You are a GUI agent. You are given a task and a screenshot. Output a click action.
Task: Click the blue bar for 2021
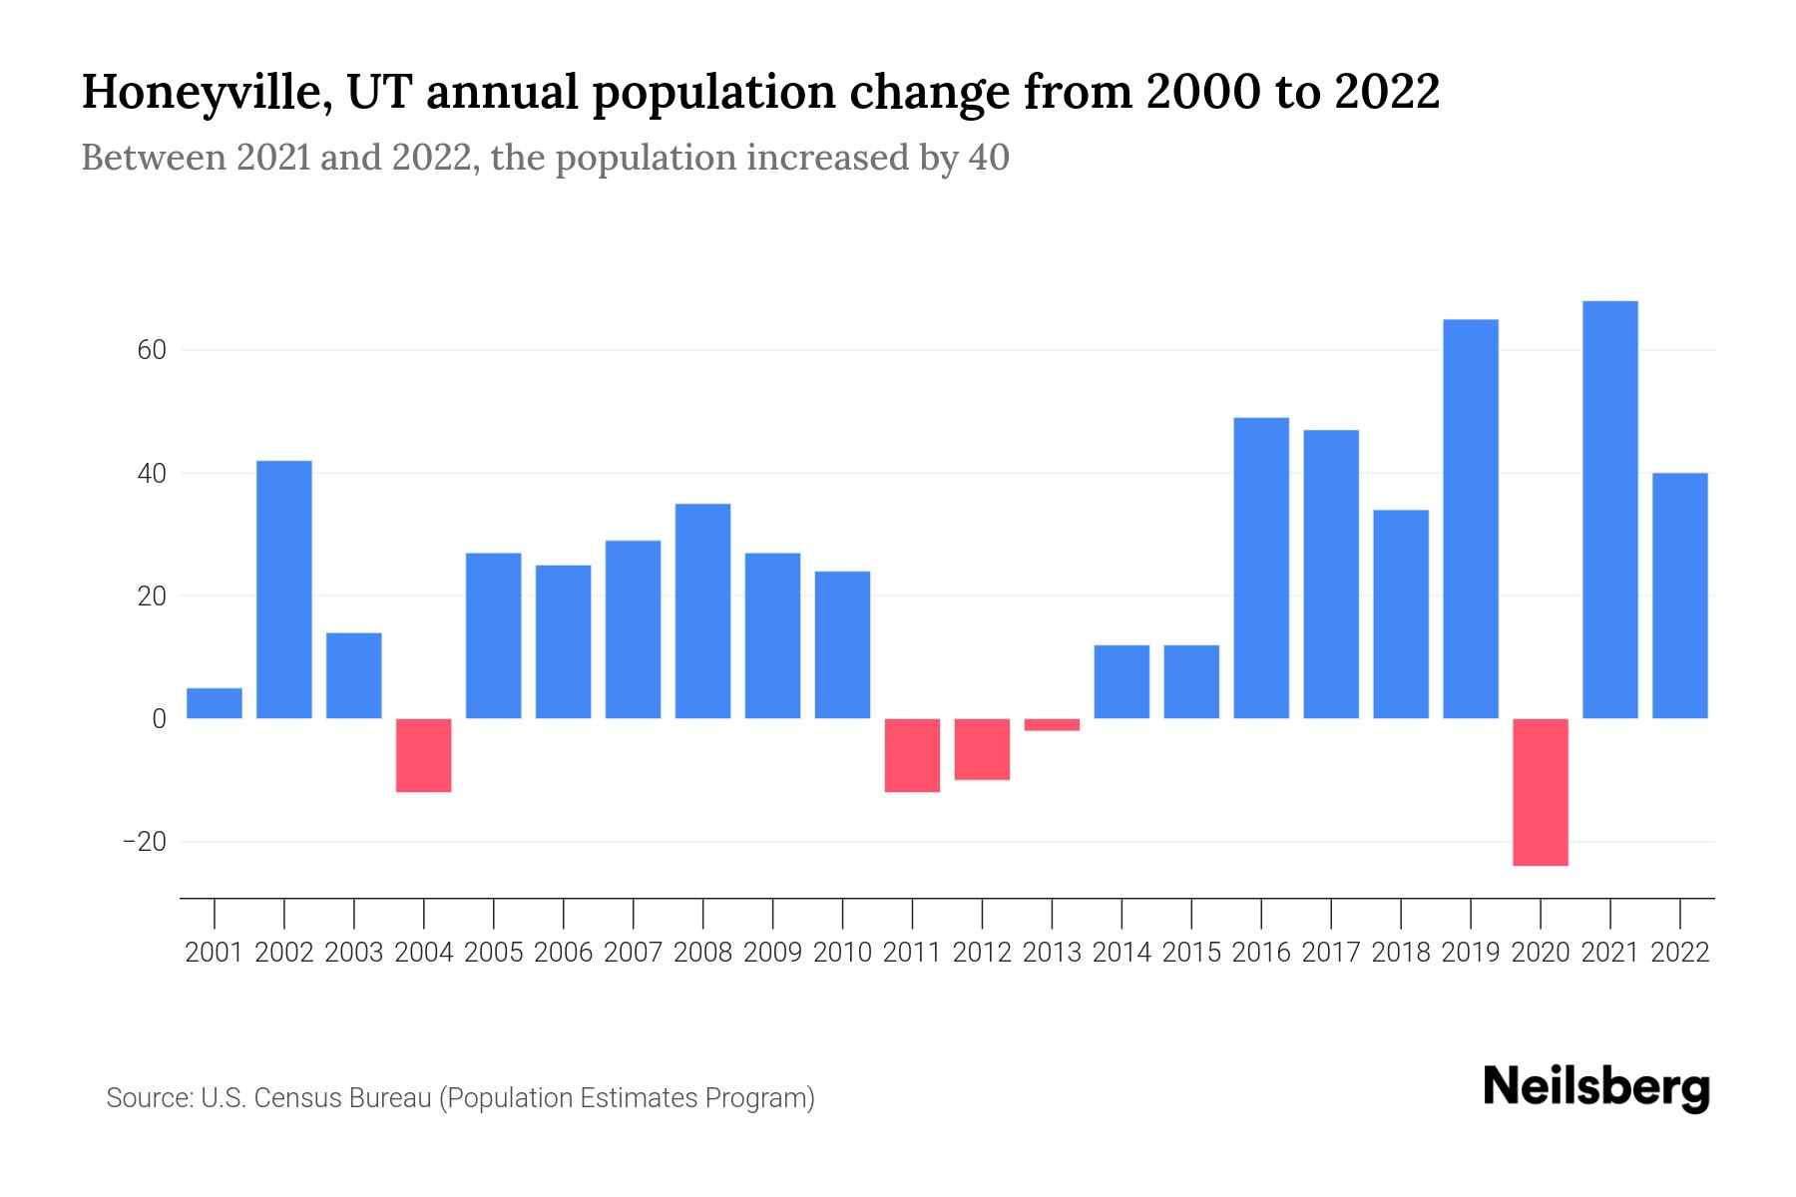(1609, 510)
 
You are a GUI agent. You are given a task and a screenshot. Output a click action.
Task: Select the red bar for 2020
(1540, 792)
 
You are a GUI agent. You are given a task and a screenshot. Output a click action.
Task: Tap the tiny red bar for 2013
(1052, 724)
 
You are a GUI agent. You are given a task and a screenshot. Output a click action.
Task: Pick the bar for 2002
(284, 590)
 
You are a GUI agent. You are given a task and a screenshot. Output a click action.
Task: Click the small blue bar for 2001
(215, 703)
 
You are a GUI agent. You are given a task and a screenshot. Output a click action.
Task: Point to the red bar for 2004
(424, 755)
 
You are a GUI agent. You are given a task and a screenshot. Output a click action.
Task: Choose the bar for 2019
(1470, 519)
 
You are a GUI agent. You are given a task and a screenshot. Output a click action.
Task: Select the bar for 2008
(702, 610)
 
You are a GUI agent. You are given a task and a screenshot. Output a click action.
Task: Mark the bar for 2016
(1261, 568)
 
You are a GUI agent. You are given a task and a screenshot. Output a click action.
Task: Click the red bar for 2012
(982, 749)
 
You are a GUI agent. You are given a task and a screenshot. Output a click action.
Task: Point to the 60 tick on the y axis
(145, 351)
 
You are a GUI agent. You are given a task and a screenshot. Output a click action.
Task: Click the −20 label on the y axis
(144, 842)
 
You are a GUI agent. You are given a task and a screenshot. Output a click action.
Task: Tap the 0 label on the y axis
(158, 719)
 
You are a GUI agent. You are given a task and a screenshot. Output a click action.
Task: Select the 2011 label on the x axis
(912, 953)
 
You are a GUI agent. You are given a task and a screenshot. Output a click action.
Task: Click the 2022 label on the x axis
(1680, 953)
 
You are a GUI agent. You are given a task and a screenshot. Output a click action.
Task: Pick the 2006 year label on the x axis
(564, 953)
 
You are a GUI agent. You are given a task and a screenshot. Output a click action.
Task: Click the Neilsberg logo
(1596, 1087)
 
